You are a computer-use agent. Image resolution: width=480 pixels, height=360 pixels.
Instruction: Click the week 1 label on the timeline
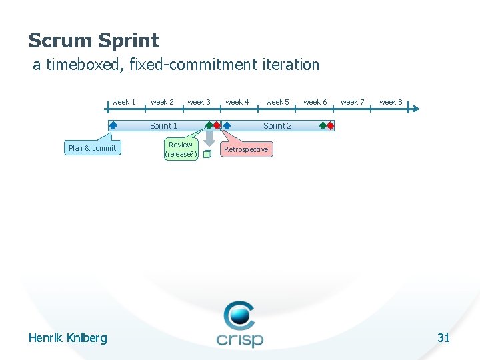[123, 102]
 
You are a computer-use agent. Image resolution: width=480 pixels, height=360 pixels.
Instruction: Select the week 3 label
[199, 102]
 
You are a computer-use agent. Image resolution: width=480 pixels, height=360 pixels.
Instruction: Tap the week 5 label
[277, 102]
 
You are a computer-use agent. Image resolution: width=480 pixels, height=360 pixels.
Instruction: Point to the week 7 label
[353, 102]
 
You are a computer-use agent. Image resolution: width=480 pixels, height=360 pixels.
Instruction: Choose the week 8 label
[391, 102]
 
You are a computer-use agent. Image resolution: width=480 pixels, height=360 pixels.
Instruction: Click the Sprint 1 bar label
[164, 125]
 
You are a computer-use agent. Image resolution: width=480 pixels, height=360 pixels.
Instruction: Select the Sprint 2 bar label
[277, 125]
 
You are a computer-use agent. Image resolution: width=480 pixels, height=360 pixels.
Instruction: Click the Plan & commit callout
[93, 148]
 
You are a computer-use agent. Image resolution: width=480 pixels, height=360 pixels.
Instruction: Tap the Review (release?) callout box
[181, 149]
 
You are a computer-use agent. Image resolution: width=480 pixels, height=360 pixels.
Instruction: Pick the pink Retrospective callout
[246, 149]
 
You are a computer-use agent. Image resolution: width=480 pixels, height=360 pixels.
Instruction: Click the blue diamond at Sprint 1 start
[113, 125]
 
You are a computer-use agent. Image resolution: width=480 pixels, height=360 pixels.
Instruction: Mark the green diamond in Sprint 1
[209, 125]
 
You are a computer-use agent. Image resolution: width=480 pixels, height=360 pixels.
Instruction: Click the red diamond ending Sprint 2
[330, 125]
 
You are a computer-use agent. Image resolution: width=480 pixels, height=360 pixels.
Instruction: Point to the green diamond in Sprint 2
[323, 125]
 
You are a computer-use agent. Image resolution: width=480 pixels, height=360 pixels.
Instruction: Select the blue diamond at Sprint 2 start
[227, 125]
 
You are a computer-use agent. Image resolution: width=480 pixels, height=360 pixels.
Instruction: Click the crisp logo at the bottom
[240, 325]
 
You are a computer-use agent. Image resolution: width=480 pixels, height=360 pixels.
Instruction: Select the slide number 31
[443, 338]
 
